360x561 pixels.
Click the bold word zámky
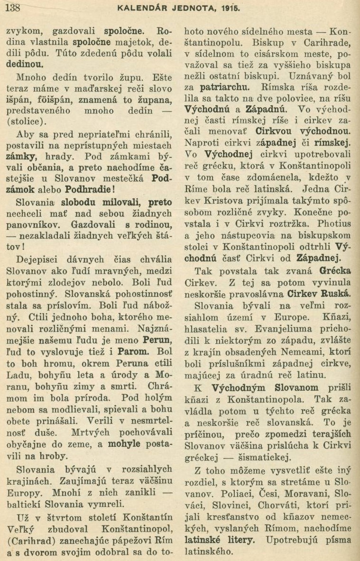click(19, 156)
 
